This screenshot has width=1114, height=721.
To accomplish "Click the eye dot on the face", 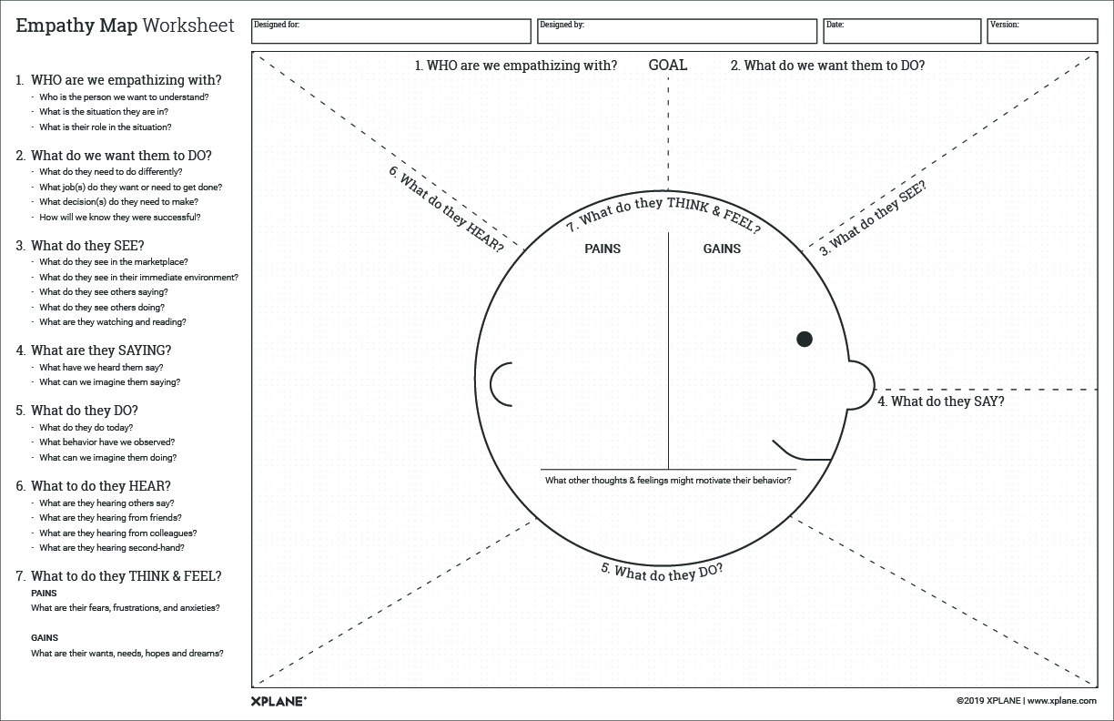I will coord(805,340).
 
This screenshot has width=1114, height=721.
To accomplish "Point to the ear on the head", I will coord(501,384).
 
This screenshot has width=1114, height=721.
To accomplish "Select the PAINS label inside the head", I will coord(603,249).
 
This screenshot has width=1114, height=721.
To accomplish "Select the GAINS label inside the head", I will coord(722,249).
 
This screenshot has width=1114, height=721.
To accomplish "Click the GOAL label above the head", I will coord(668,66).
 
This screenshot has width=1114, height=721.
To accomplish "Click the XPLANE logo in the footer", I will coord(278,701).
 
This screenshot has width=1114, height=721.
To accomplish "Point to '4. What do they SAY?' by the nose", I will coord(941,401).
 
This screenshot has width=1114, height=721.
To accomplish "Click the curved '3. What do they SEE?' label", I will coord(873,218).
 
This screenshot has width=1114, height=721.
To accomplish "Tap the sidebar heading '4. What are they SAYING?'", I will coord(101,350).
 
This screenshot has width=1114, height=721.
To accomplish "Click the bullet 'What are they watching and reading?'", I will coord(113,322).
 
